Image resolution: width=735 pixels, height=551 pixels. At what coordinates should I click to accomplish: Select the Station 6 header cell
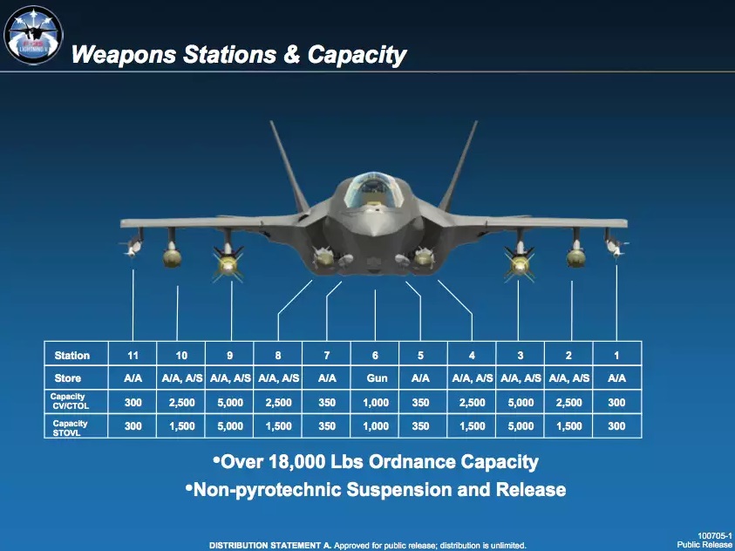click(375, 355)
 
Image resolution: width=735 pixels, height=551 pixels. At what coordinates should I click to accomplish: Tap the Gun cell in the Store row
click(375, 378)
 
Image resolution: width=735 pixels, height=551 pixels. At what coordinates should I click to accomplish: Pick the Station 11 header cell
click(133, 355)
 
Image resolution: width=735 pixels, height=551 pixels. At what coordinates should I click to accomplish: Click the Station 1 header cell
click(616, 355)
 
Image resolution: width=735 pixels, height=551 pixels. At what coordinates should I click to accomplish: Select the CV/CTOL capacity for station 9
click(230, 402)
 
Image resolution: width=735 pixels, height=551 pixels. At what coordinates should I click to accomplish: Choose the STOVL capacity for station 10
click(181, 426)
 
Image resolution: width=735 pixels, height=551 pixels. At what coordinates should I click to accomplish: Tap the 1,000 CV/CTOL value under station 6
click(375, 402)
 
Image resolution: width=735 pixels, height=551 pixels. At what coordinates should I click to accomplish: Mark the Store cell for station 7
click(327, 378)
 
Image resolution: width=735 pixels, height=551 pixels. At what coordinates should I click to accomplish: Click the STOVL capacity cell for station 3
click(520, 426)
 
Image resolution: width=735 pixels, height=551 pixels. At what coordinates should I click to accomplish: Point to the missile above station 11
click(133, 243)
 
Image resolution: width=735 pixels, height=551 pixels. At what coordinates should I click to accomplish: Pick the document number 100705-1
click(714, 535)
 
